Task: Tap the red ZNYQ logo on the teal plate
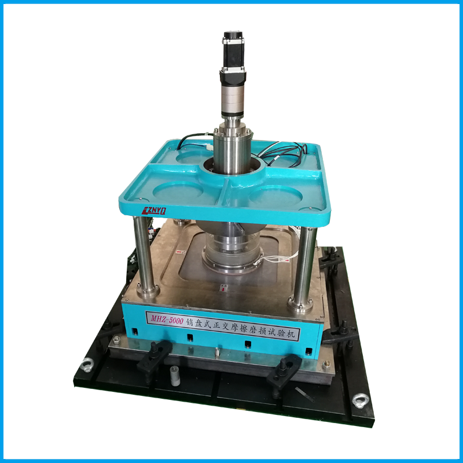(154, 211)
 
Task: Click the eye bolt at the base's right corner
(361, 401)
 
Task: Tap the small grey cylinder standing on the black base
(175, 375)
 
